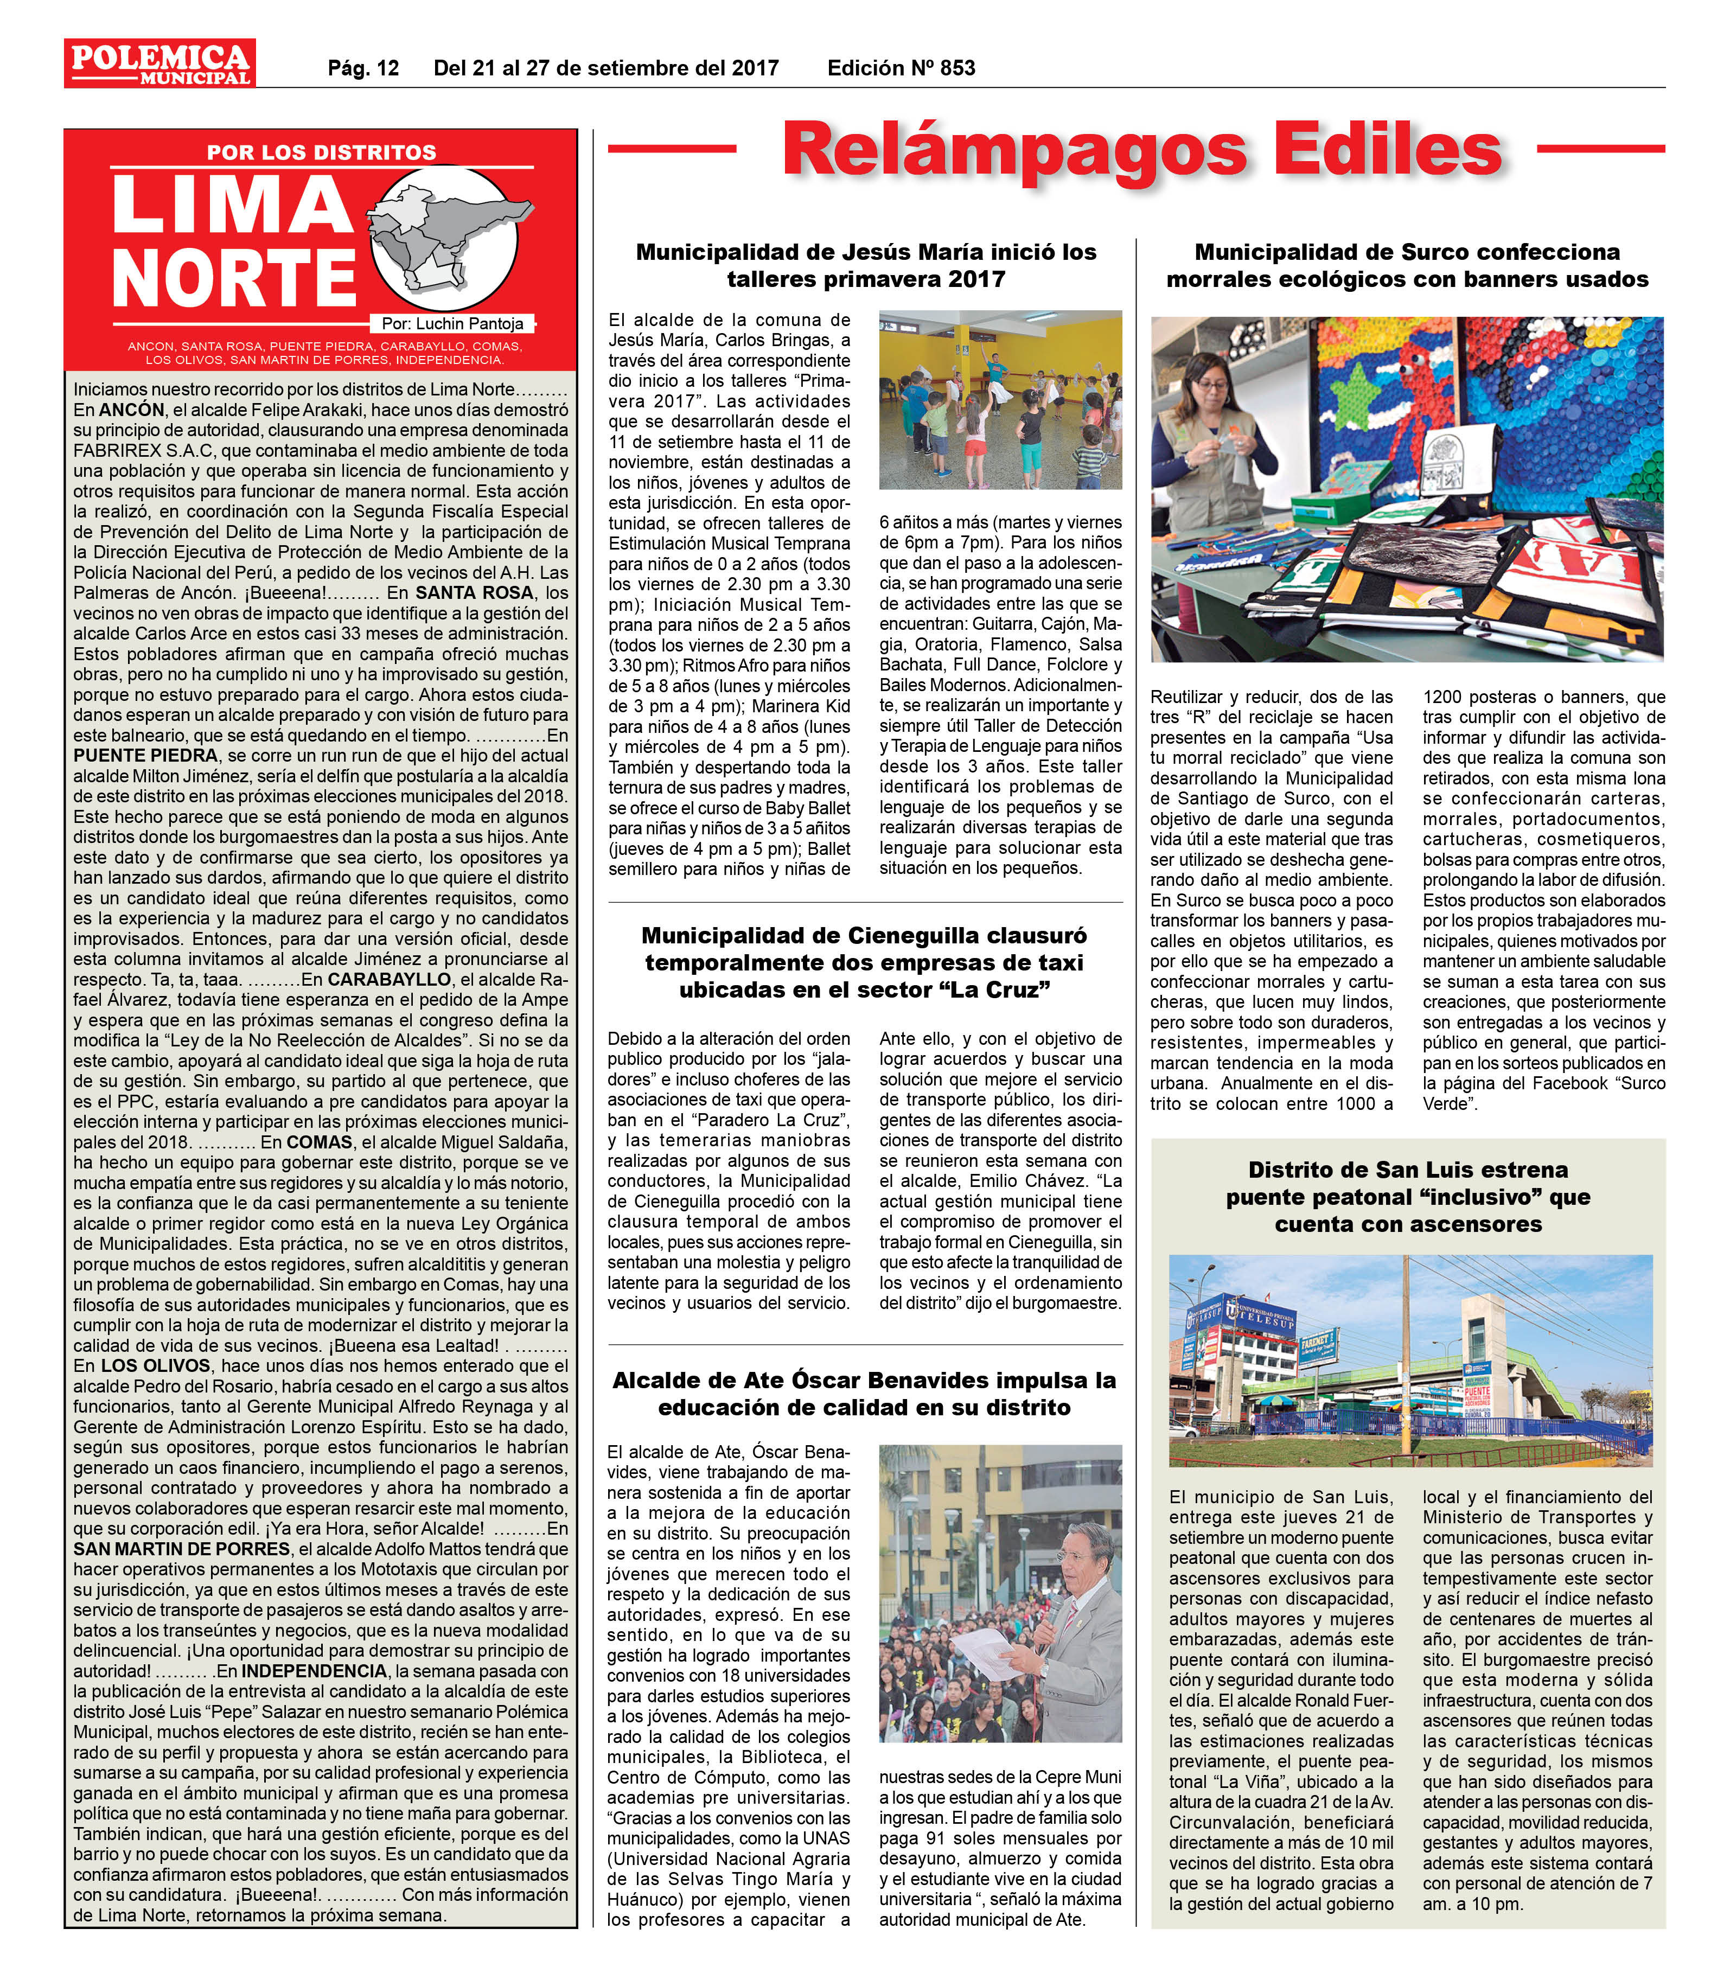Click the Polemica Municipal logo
(159, 62)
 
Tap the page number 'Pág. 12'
(363, 68)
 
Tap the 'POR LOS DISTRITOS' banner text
(321, 152)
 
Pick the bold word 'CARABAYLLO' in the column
(390, 979)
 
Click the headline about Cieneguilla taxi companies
(864, 962)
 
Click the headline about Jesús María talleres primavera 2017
(865, 266)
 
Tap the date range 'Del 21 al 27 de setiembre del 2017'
(606, 68)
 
